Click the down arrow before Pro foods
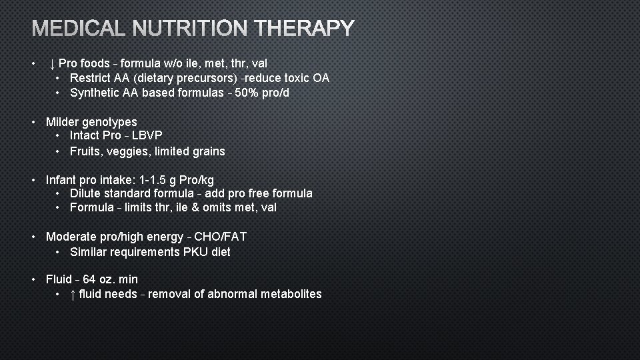coord(52,64)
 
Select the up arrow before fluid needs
coord(73,294)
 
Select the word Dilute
coord(86,193)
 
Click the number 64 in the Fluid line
coord(89,279)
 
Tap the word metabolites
coord(291,294)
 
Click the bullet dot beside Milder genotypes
coord(33,122)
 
